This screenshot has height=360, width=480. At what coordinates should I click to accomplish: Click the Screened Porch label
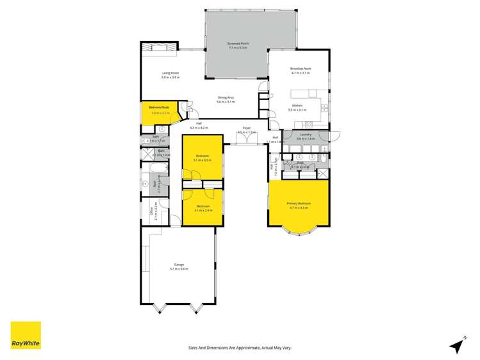point(238,44)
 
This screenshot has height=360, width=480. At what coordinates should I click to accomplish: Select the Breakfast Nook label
point(300,69)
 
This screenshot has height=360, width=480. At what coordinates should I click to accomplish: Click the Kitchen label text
point(297,105)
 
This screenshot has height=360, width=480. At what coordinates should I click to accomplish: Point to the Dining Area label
point(226,97)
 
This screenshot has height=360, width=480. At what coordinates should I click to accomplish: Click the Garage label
point(179,264)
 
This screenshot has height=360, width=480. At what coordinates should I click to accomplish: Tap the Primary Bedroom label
point(299,203)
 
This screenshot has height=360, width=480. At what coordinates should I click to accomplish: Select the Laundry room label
point(305,135)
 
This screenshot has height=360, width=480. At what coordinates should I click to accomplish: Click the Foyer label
point(246,128)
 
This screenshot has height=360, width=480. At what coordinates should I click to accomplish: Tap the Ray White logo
point(26,335)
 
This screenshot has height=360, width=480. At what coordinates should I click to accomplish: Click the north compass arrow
point(457,345)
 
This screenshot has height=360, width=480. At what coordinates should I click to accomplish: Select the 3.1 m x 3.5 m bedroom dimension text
point(203,160)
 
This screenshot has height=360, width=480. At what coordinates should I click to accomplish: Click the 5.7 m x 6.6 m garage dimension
point(179,268)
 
